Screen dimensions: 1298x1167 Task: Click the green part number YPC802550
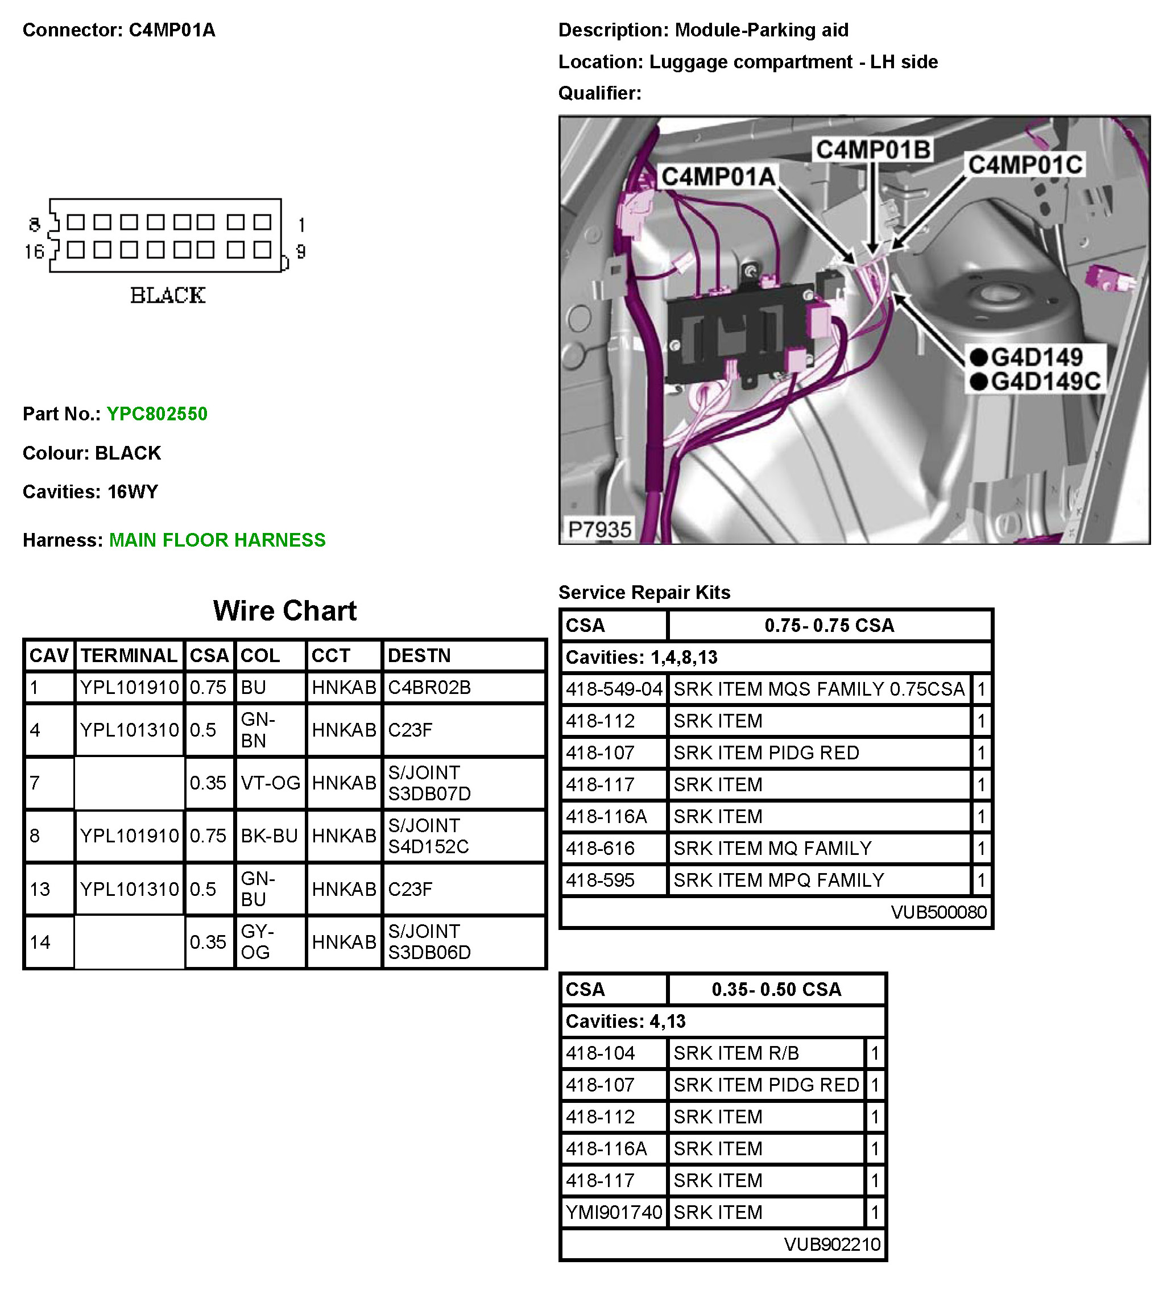pyautogui.click(x=156, y=414)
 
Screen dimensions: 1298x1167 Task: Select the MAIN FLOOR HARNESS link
pyautogui.click(x=217, y=540)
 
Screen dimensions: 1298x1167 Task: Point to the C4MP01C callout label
pyautogui.click(x=1025, y=165)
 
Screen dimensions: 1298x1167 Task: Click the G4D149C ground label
pyautogui.click(x=1045, y=382)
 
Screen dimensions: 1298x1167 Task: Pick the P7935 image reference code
pyautogui.click(x=599, y=530)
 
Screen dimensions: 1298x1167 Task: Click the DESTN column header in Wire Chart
pyautogui.click(x=419, y=655)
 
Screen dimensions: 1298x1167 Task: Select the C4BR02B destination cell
pyautogui.click(x=429, y=688)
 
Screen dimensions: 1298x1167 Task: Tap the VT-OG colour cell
pyautogui.click(x=270, y=783)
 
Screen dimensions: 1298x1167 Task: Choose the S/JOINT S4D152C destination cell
pyautogui.click(x=428, y=836)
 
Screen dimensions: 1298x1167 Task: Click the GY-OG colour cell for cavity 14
pyautogui.click(x=257, y=941)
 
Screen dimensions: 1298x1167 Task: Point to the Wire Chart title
pyautogui.click(x=285, y=610)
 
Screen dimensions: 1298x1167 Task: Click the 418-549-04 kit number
pyautogui.click(x=613, y=689)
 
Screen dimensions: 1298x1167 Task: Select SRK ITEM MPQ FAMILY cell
pyautogui.click(x=779, y=880)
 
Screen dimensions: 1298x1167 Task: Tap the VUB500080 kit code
pyautogui.click(x=938, y=912)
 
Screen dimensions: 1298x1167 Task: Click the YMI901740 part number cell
pyautogui.click(x=613, y=1212)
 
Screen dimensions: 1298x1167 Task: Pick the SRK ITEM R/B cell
pyautogui.click(x=736, y=1053)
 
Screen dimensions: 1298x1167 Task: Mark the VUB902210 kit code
pyautogui.click(x=831, y=1244)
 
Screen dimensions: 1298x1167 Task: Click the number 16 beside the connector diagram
pyautogui.click(x=34, y=251)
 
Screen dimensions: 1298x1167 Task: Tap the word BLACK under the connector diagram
pyautogui.click(x=168, y=296)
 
